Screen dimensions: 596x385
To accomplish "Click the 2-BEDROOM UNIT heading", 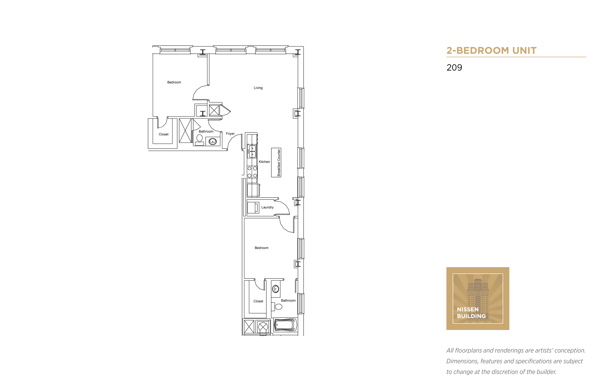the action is (491, 51).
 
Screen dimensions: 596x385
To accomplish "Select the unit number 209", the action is (454, 68).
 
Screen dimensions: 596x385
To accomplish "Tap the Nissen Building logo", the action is (478, 299).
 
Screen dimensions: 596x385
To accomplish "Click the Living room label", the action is (258, 88).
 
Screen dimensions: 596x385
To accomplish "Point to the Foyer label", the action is (230, 133).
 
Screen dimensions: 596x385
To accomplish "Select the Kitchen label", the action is (264, 162).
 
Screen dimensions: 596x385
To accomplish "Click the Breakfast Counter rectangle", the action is (276, 162).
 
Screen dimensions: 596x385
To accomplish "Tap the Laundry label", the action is (267, 207).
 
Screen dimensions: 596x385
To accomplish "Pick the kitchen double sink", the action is (252, 151).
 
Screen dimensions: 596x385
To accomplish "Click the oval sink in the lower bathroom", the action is (275, 289).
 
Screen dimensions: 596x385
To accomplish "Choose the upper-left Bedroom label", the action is (174, 82).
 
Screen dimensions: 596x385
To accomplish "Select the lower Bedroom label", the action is (261, 248).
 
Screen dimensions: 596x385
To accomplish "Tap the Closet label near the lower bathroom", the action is (258, 301).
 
